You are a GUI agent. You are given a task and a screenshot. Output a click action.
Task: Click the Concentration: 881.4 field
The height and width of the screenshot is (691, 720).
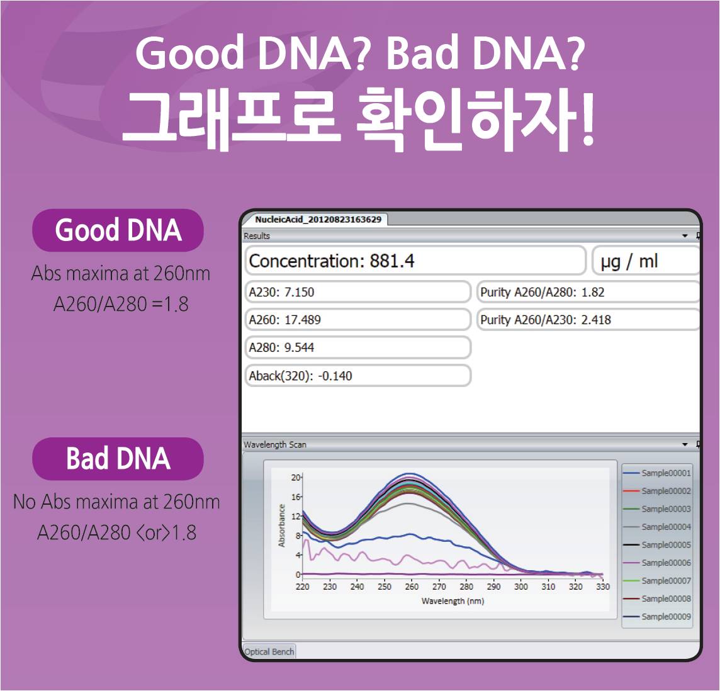[415, 261]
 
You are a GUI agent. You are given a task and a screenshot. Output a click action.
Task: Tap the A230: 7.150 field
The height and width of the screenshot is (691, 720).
[358, 292]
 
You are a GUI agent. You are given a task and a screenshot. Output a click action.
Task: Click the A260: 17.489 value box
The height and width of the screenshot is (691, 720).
[358, 320]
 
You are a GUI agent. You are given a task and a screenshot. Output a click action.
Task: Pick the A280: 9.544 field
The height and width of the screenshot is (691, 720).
[358, 347]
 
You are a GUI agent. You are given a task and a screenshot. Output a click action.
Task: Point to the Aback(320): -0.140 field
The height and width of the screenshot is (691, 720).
[358, 376]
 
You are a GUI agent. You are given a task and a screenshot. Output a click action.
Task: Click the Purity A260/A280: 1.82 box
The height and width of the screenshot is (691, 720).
[588, 292]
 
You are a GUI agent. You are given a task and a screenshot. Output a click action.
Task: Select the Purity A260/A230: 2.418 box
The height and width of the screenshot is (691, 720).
[588, 320]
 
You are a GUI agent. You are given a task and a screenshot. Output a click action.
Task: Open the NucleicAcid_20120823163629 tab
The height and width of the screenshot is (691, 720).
[318, 220]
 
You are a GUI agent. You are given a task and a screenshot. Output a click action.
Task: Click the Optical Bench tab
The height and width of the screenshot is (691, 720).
[269, 651]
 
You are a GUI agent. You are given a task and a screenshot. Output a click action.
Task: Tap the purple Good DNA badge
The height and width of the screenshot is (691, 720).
[118, 230]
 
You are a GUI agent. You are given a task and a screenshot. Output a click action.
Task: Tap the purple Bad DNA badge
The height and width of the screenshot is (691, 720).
[118, 459]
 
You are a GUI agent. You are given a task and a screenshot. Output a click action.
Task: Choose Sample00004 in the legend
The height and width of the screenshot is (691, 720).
[657, 527]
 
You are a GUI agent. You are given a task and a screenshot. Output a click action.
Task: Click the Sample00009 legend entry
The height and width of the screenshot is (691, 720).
[657, 617]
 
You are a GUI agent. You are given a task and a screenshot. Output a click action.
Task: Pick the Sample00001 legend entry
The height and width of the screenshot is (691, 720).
[657, 473]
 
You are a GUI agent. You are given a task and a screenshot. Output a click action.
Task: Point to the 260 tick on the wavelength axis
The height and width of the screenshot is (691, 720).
[412, 587]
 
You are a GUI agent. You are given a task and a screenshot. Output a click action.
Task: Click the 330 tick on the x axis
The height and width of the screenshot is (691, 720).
[603, 587]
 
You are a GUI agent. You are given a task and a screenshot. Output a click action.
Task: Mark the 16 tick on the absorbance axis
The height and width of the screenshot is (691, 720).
[295, 497]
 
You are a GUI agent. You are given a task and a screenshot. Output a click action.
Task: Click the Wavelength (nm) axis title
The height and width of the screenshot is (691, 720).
[453, 601]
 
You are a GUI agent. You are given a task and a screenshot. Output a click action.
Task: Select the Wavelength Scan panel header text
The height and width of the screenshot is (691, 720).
[274, 444]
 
